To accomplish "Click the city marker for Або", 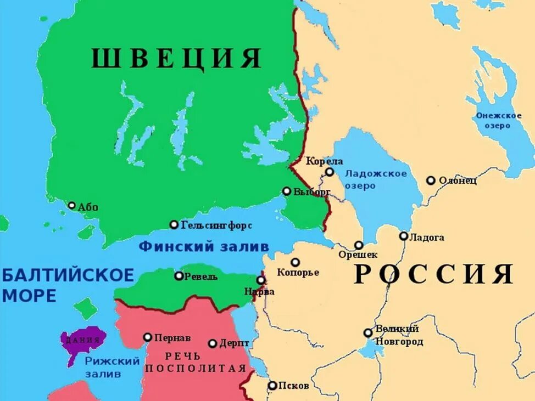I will (72, 205).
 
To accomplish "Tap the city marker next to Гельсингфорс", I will (174, 224).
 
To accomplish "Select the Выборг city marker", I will (287, 191).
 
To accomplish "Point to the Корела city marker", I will (329, 172).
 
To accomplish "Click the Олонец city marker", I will (431, 180).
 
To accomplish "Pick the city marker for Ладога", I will (404, 236).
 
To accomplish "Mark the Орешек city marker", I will (359, 245).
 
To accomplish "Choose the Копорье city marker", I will (296, 262).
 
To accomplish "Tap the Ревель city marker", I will (179, 275).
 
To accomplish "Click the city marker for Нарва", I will (261, 280).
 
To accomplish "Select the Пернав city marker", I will (148, 337).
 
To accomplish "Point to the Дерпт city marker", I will (213, 343).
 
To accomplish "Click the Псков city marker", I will (272, 385).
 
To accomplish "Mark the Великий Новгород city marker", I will (368, 332).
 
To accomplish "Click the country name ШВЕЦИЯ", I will (176, 58).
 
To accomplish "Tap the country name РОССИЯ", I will (433, 274).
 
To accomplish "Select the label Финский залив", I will (203, 246).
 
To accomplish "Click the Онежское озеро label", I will (498, 120).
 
